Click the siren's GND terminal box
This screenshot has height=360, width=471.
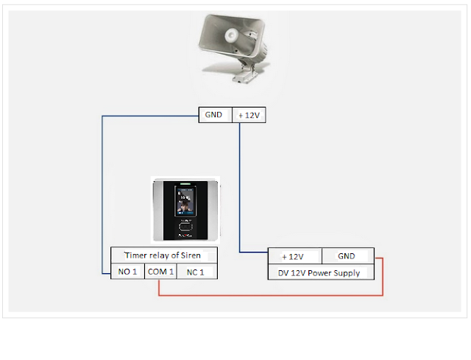pos(216,115)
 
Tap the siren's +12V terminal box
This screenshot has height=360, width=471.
pos(249,115)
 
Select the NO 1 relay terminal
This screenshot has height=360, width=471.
pos(127,272)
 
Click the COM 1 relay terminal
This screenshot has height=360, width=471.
pos(160,272)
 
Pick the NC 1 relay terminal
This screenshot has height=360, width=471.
pos(196,272)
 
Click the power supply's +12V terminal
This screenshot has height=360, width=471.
pos(294,256)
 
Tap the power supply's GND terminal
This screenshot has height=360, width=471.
pos(348,256)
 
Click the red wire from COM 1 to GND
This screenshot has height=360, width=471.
pos(270,295)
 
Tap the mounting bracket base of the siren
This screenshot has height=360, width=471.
pos(244,75)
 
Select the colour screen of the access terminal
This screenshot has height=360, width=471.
pos(185,201)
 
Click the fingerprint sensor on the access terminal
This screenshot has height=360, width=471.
pos(185,227)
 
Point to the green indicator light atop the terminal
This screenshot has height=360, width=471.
pos(185,183)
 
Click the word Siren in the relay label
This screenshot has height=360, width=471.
pos(191,255)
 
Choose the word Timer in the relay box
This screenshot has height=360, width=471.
pos(136,255)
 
